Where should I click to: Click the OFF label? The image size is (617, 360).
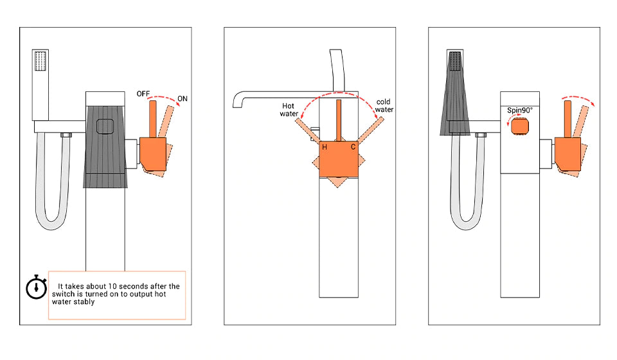click(x=143, y=94)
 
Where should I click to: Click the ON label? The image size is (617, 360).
click(x=182, y=98)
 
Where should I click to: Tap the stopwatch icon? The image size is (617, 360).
click(x=36, y=287)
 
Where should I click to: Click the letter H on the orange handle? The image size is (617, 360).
click(x=325, y=147)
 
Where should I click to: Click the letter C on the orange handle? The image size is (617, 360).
click(x=353, y=147)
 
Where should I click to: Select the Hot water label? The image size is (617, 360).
click(x=289, y=110)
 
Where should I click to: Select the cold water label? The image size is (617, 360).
click(x=384, y=105)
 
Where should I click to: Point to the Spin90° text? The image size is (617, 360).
click(x=519, y=110)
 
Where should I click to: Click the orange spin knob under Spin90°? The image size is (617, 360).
click(x=519, y=127)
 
